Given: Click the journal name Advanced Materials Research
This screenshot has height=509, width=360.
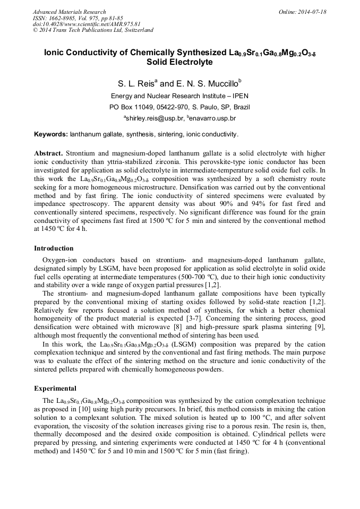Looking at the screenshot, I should tap(69, 12).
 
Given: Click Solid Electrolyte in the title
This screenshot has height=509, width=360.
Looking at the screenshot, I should tap(179, 62).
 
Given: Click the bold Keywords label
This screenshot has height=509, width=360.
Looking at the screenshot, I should tap(51, 134).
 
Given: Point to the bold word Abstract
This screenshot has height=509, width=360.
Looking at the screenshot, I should tap(48, 153).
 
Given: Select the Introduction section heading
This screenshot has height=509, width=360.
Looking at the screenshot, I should tap(54, 248).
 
